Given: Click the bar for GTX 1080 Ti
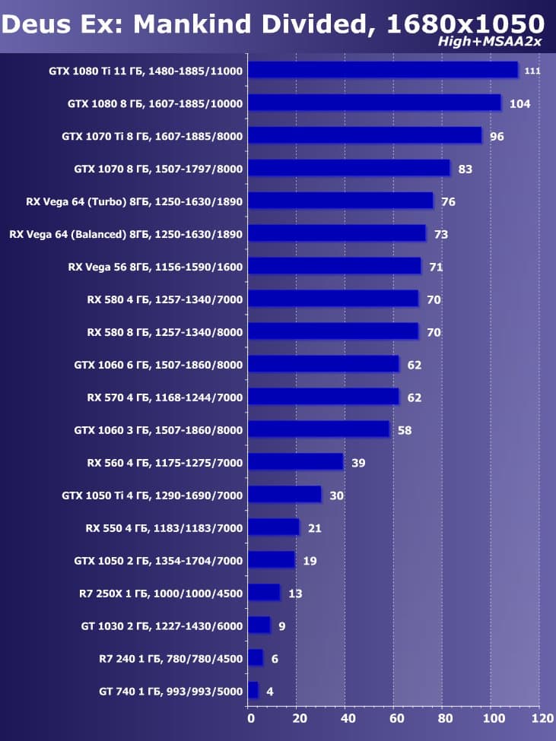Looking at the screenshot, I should [x=383, y=70].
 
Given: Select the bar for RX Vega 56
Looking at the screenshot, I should [x=334, y=266].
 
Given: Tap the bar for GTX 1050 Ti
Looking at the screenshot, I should [x=284, y=495].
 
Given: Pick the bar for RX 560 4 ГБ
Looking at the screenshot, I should [x=295, y=462].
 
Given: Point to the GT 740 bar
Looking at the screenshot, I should [x=253, y=691].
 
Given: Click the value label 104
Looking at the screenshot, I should [x=519, y=103].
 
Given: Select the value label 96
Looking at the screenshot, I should [x=497, y=136].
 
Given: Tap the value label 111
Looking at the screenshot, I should [x=532, y=71].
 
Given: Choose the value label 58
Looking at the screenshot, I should [x=405, y=430].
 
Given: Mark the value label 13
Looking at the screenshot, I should [x=295, y=594].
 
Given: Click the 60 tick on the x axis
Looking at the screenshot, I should [x=396, y=717].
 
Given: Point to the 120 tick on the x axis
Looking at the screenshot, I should [x=542, y=717].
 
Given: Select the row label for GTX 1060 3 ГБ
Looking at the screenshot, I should [x=158, y=430].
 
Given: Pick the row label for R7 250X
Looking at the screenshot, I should [x=160, y=594].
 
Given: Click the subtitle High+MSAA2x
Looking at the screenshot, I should [x=489, y=41].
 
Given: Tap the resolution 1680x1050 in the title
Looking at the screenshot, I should [x=465, y=24].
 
